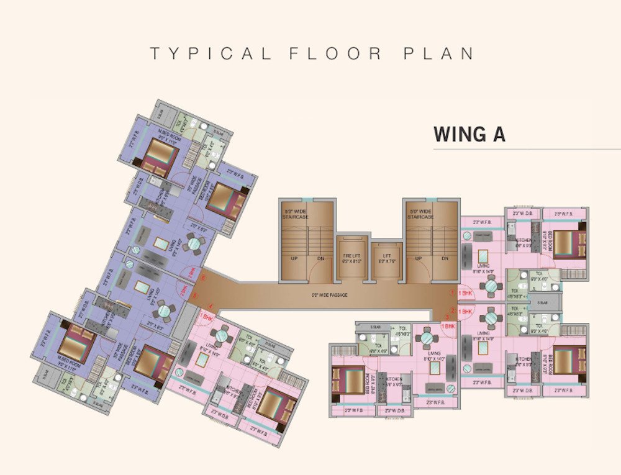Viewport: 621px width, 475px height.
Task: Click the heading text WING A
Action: [469, 134]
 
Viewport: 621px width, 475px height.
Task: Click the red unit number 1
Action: [453, 292]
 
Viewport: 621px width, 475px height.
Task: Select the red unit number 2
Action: [453, 310]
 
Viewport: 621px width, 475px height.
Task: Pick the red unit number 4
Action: [211, 305]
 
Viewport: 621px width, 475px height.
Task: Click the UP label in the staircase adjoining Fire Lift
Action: [293, 259]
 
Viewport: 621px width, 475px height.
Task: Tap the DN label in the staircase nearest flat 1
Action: [445, 259]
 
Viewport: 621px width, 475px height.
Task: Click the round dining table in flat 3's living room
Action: [427, 339]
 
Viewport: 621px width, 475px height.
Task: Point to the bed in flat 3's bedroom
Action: [347, 381]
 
